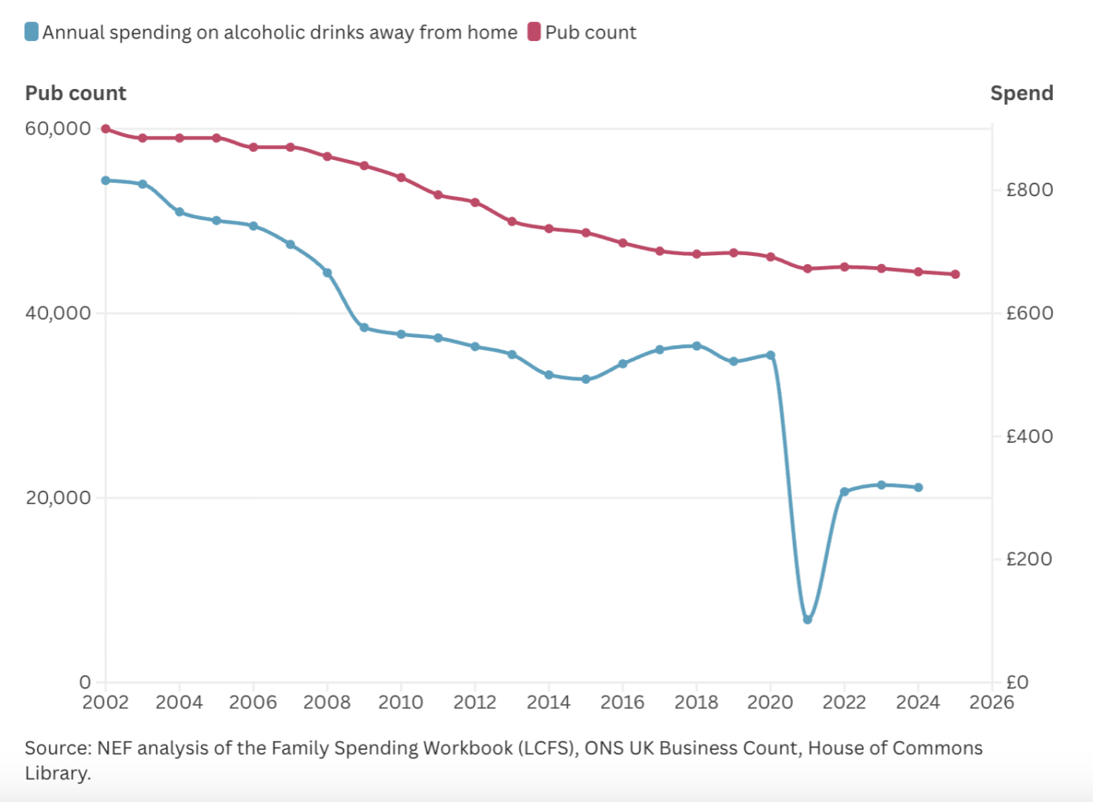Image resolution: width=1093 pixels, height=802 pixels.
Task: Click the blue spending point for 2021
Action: pos(807,620)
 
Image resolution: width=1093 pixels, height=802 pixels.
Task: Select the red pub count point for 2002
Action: pos(106,129)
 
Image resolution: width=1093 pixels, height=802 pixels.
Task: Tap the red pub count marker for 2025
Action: pos(955,274)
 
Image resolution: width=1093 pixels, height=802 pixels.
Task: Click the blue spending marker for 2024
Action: pos(918,488)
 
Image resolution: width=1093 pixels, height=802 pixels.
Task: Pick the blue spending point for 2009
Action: pos(364,328)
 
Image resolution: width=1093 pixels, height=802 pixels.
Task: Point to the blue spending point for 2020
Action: pos(771,355)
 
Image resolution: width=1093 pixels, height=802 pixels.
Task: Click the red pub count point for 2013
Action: pos(512,221)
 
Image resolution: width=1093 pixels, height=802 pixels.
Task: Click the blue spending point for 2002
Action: pos(106,180)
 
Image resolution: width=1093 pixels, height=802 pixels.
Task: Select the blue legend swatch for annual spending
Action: pos(31,32)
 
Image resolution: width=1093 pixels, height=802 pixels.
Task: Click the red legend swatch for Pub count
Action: pos(534,32)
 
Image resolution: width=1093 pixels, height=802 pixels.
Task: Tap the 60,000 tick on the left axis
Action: pos(57,128)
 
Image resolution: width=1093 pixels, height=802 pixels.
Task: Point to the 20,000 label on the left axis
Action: pos(57,498)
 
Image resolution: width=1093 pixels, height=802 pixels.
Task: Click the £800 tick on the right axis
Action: pos(1029,190)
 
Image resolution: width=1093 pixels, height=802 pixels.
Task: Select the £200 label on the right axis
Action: pos(1029,559)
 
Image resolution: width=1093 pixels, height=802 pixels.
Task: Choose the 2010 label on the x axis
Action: pos(401,702)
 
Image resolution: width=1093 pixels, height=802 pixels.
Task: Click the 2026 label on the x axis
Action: pos(991,702)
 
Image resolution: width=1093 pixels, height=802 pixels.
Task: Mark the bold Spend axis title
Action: pos(1021,93)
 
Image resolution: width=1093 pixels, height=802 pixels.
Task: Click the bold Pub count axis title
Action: pos(76,93)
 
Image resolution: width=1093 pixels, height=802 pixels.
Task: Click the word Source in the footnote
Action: pos(57,748)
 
